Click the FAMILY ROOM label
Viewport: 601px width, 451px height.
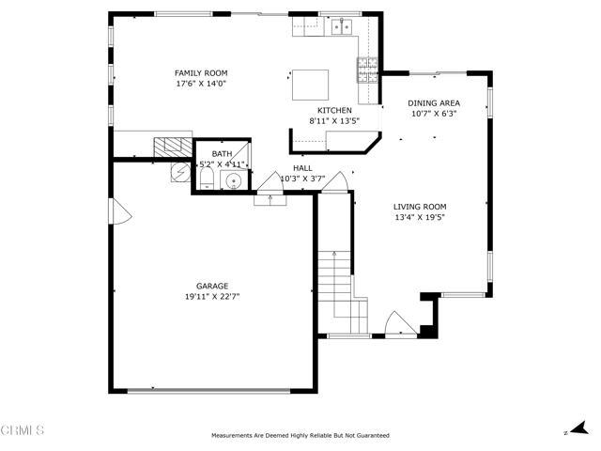tap(201, 73)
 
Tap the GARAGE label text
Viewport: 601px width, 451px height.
tap(212, 286)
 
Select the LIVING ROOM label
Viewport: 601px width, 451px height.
tap(420, 207)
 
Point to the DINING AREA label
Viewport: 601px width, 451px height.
tap(434, 103)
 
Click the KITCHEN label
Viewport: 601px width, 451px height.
tap(334, 111)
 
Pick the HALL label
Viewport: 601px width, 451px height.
tap(302, 168)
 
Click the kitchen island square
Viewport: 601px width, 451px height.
tap(310, 85)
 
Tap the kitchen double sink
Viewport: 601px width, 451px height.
tap(342, 27)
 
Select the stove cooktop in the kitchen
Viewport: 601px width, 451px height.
tap(368, 70)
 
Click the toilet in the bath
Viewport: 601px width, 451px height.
tap(207, 179)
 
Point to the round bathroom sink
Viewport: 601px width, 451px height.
tap(234, 180)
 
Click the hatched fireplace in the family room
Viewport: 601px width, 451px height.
tap(173, 148)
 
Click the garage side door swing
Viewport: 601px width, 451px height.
tap(119, 211)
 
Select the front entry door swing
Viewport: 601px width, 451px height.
tap(401, 324)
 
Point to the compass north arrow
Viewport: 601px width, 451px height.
tap(578, 428)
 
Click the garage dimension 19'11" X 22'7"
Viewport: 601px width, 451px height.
tap(212, 297)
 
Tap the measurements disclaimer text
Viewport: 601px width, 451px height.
tap(300, 436)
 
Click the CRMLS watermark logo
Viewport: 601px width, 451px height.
tap(23, 430)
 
